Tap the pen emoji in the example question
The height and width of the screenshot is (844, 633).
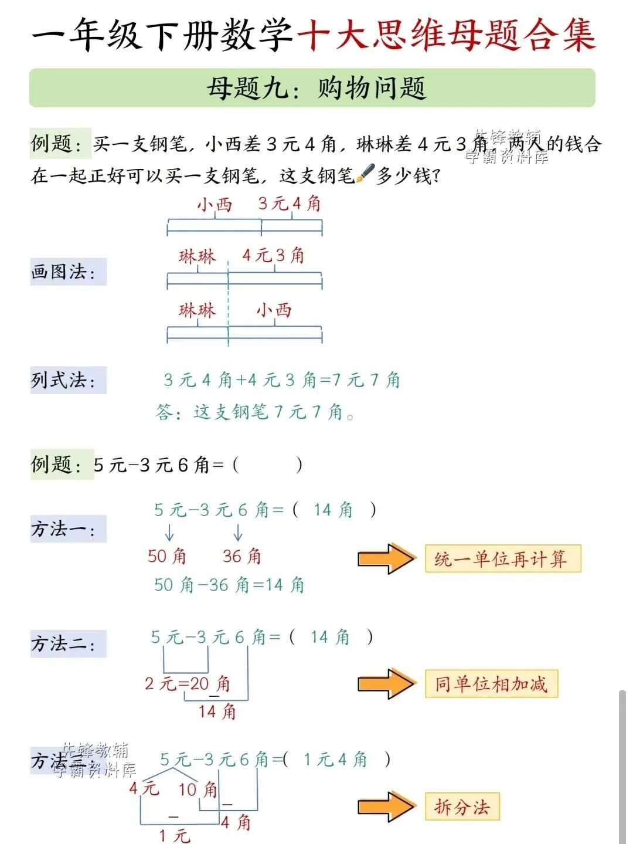pos(365,174)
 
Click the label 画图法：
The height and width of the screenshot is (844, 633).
pos(63,272)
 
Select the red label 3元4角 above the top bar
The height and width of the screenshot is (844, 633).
pos(290,204)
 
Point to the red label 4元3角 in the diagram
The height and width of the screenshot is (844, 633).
pos(273,255)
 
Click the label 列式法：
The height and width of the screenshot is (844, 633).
pos(63,380)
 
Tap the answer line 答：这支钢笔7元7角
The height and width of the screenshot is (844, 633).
pos(254,412)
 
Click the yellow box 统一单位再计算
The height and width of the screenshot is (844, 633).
pos(502,558)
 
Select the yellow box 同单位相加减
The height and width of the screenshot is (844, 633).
pos(491,684)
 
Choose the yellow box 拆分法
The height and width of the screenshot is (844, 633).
pos(462,807)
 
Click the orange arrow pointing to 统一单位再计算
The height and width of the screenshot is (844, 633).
pos(386,558)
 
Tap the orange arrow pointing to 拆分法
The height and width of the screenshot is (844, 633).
pos(386,807)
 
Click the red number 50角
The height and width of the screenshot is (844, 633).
pos(166,555)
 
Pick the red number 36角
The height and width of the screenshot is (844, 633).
pos(241,555)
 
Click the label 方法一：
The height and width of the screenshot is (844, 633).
pos(63,529)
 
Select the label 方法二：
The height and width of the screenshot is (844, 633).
pos(63,644)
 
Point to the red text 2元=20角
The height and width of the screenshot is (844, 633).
pos(188,683)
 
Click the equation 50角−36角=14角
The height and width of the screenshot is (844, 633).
pos(229,585)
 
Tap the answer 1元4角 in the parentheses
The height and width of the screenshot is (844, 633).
pos(335,760)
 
